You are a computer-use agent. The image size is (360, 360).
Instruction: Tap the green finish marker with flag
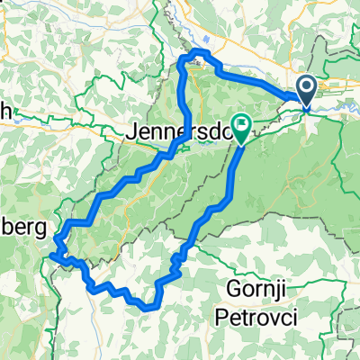click(241, 123)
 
